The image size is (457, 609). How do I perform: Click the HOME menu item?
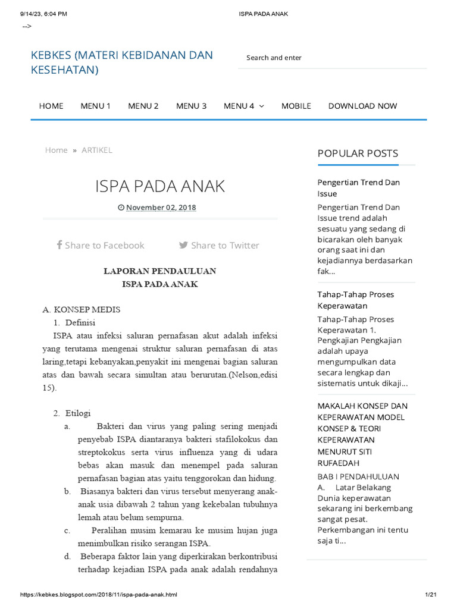[x=51, y=106]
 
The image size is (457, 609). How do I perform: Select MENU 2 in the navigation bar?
[x=143, y=106]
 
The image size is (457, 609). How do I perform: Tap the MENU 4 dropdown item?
[x=243, y=106]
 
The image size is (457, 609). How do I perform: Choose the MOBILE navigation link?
[x=296, y=106]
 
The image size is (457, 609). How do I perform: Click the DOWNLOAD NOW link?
[x=362, y=106]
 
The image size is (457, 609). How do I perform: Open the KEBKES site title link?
[x=121, y=62]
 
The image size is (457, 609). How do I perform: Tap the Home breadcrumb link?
[x=56, y=150]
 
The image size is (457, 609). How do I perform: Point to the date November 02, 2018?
[x=161, y=208]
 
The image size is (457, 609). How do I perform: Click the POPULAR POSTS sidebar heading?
[x=358, y=153]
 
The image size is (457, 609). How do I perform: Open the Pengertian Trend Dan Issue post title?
[x=358, y=188]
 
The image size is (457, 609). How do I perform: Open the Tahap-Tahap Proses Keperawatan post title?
[x=355, y=300]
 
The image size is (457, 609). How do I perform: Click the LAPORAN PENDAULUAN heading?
[x=160, y=271]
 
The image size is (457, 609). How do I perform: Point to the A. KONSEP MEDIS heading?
[x=82, y=310]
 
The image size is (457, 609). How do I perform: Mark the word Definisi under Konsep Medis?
[x=80, y=322]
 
